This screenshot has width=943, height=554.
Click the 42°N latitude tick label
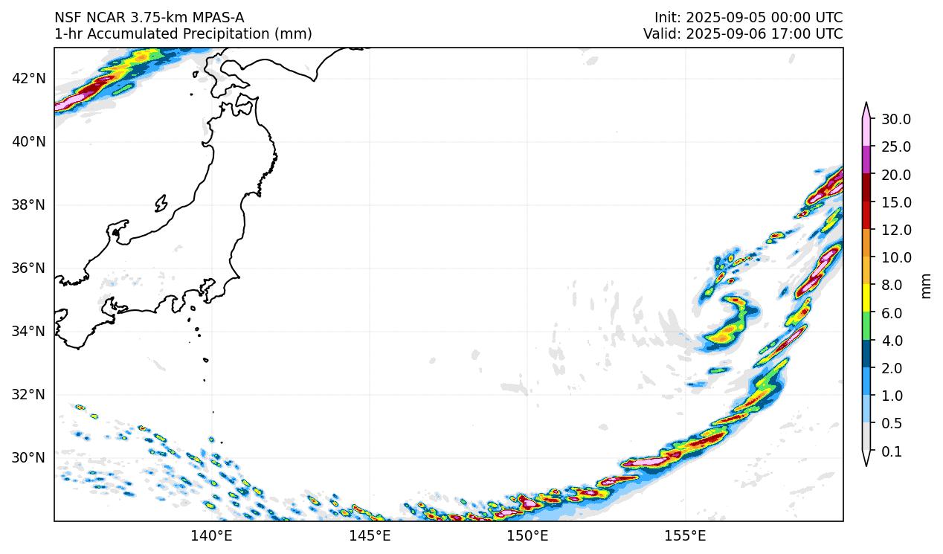29,78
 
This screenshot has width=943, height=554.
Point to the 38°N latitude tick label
29,204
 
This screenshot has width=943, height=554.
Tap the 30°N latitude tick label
29,457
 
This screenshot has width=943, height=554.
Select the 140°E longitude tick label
212,535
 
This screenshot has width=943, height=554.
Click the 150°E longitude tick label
527,535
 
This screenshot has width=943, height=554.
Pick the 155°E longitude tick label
685,535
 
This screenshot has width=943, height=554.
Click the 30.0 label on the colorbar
895,120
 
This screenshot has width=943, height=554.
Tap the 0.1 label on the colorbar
891,451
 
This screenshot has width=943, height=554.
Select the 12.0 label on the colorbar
895,231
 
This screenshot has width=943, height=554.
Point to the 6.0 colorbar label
891,313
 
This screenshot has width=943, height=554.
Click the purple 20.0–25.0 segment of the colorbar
866,161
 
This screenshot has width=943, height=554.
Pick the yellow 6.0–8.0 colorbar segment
866,299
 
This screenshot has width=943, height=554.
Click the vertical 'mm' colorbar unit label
926,286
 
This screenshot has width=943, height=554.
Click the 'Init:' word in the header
667,17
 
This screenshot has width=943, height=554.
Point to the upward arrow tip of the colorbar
866,104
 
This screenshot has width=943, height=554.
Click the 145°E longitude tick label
370,535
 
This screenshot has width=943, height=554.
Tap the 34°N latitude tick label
29,331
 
